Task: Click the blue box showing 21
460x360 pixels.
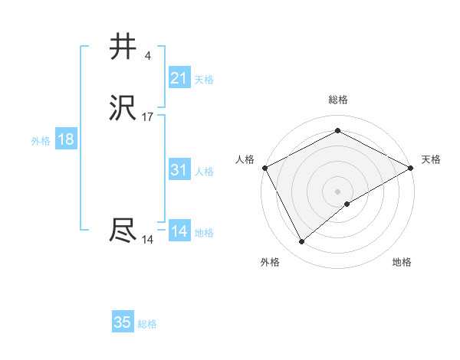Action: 179,77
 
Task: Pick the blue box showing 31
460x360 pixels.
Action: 179,170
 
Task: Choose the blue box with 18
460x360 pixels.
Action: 65,139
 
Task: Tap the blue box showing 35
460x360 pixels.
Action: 122,322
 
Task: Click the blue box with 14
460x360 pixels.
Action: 179,231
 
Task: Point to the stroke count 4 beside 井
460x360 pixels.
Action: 148,55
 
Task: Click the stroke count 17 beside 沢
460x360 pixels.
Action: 148,117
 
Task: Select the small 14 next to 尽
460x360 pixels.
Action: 148,239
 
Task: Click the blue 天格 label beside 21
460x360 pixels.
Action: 204,79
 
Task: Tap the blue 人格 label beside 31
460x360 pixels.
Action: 204,172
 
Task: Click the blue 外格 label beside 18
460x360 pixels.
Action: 41,141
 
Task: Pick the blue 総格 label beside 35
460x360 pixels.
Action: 147,324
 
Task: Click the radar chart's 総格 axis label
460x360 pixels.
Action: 337,100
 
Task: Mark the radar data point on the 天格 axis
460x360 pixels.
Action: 411,168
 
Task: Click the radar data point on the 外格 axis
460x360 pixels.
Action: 302,241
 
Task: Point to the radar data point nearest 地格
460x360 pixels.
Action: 347,204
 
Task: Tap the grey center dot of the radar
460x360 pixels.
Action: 337,191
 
